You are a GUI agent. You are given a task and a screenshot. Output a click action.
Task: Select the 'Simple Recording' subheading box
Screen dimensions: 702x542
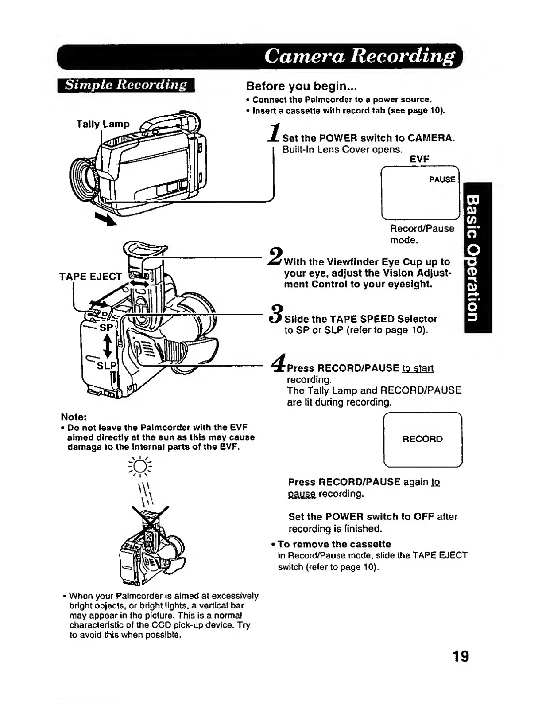click(126, 85)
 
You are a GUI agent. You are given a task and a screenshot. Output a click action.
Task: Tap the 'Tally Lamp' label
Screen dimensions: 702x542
click(103, 124)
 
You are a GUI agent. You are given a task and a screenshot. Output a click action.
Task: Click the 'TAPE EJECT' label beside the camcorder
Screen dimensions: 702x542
click(90, 277)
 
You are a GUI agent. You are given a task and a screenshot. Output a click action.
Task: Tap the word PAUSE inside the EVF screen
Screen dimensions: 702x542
click(442, 179)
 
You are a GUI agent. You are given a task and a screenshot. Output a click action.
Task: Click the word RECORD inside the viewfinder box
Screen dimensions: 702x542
click(422, 439)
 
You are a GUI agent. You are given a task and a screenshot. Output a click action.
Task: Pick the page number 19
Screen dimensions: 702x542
click(461, 655)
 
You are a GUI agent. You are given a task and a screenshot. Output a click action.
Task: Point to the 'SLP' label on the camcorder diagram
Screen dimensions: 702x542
click(106, 366)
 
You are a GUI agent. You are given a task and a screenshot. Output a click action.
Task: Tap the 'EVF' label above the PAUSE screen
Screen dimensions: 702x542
click(419, 159)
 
